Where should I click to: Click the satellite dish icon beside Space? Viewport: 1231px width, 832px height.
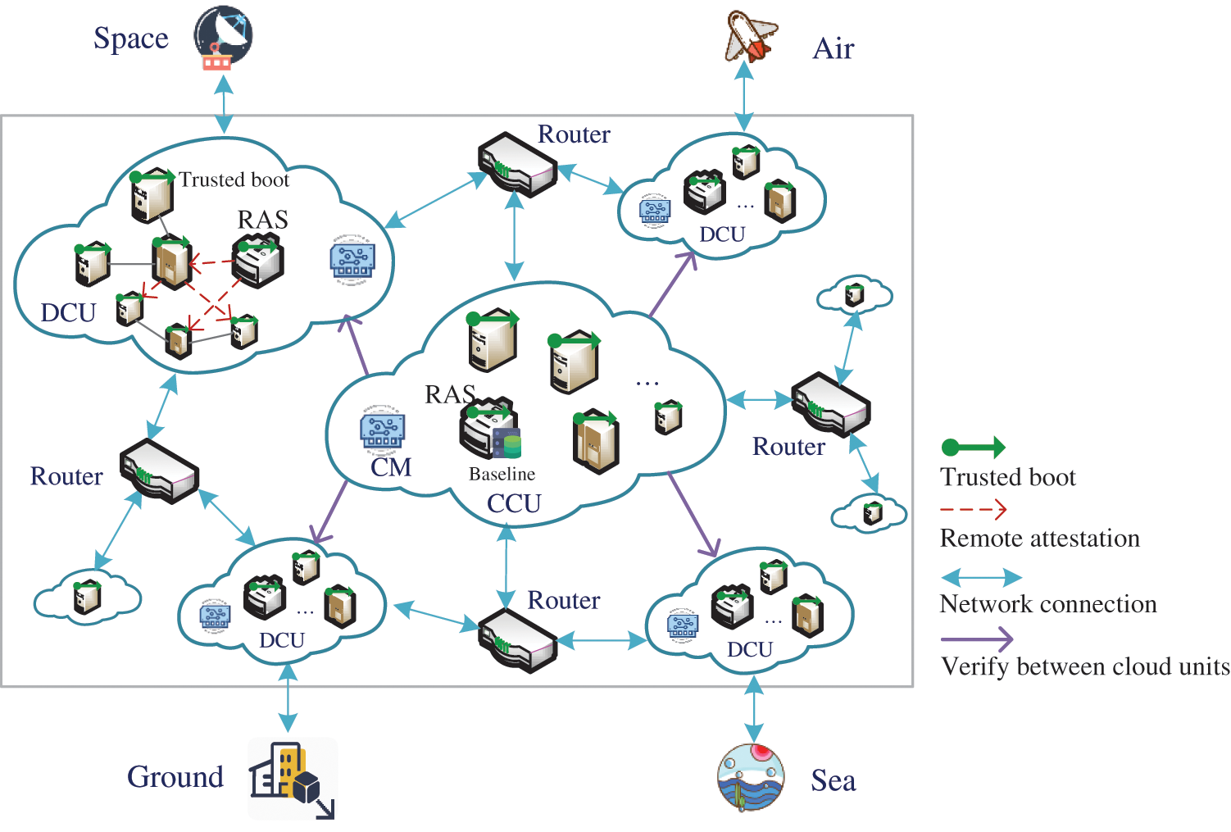[x=222, y=37]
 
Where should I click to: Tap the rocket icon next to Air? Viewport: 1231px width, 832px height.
[x=750, y=37]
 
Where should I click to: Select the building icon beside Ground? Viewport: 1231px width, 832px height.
[x=292, y=778]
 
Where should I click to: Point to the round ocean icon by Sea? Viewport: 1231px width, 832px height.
[x=750, y=776]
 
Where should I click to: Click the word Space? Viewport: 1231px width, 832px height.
[x=131, y=39]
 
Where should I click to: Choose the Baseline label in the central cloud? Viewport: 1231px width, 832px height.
[x=502, y=474]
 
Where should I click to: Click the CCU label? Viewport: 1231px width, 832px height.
[x=514, y=503]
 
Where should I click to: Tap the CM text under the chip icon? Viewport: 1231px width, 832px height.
[x=391, y=467]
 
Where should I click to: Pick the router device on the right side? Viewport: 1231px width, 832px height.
[x=830, y=403]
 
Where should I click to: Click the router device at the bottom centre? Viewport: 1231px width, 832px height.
[x=517, y=640]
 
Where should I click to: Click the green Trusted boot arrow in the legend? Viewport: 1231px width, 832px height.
[x=974, y=448]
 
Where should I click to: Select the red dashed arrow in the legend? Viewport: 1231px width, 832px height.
[x=974, y=509]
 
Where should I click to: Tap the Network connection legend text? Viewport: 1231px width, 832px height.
[x=1048, y=604]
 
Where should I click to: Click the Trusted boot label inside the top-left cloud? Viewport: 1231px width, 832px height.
[x=234, y=180]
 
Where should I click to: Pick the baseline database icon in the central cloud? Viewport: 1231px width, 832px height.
[x=507, y=443]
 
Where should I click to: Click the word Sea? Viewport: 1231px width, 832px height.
[x=834, y=780]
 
